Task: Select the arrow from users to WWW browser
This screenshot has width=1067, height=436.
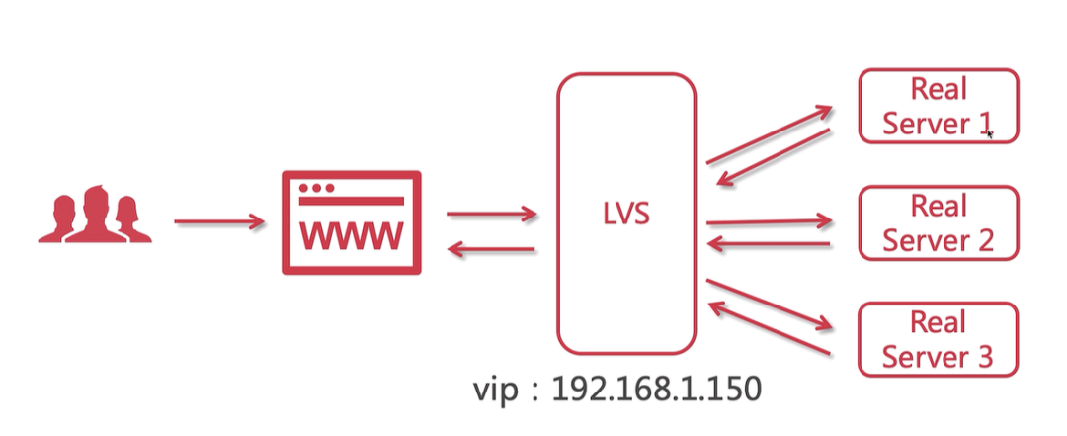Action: pyautogui.click(x=219, y=222)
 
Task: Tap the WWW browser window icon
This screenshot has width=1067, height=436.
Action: pyautogui.click(x=352, y=222)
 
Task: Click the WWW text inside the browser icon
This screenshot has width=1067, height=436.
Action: pyautogui.click(x=352, y=236)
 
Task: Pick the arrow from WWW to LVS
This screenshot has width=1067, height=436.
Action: pyautogui.click(x=491, y=214)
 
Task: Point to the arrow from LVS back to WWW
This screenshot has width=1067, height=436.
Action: pyautogui.click(x=491, y=250)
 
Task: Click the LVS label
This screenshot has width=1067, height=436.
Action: pyautogui.click(x=626, y=214)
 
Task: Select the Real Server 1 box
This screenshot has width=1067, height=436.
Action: pyautogui.click(x=938, y=107)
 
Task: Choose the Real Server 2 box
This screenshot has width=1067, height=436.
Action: pyautogui.click(x=938, y=222)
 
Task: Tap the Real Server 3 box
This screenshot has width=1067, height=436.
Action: pyautogui.click(x=938, y=339)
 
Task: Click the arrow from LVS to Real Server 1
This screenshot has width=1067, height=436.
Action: pyautogui.click(x=770, y=134)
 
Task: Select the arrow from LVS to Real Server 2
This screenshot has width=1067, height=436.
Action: pyautogui.click(x=770, y=222)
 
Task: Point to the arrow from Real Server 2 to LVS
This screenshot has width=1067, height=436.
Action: pyautogui.click(x=770, y=243)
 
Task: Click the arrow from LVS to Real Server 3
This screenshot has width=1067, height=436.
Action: pyautogui.click(x=770, y=305)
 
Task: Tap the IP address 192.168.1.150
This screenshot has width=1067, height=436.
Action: pyautogui.click(x=656, y=389)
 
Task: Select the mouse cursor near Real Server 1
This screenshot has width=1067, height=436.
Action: pyautogui.click(x=989, y=133)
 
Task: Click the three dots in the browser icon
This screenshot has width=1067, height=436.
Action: pyautogui.click(x=316, y=187)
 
